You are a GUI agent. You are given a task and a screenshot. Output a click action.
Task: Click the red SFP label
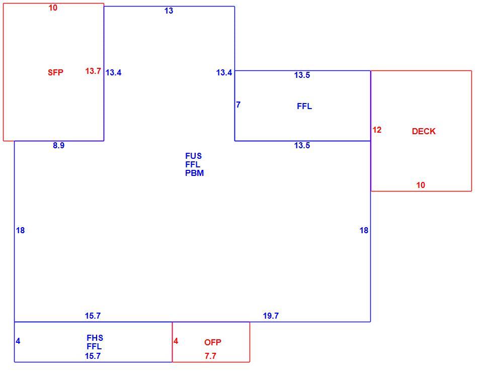(55, 72)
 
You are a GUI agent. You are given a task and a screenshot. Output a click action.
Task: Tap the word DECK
(424, 131)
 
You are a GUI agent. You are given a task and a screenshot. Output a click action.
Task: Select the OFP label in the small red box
(213, 342)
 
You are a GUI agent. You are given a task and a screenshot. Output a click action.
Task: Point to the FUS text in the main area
(193, 156)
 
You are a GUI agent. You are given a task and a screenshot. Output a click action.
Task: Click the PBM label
(194, 173)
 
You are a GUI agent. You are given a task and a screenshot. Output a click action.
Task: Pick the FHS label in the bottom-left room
(95, 338)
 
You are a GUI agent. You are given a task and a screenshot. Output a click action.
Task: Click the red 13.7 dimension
(93, 71)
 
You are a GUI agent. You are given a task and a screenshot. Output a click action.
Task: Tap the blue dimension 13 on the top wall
(169, 11)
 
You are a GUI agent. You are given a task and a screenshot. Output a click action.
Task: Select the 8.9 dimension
(58, 145)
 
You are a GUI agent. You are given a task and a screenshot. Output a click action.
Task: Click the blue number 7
(238, 105)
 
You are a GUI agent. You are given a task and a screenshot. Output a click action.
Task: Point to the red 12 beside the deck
(377, 130)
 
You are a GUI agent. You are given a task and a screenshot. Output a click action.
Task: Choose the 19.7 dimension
(271, 316)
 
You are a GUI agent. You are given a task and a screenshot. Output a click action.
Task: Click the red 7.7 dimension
(210, 356)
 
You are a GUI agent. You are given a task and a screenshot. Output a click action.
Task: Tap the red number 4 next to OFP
(176, 341)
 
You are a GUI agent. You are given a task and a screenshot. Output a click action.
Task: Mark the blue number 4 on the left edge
(18, 341)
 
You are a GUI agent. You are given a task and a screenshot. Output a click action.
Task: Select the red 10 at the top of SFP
(53, 8)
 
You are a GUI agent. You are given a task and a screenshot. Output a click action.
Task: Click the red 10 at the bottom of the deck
(421, 185)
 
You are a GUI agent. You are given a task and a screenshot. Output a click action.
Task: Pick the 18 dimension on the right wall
(364, 231)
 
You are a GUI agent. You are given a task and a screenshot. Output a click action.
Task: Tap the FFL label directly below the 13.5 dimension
(304, 107)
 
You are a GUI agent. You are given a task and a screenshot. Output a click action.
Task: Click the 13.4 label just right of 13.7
(113, 72)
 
